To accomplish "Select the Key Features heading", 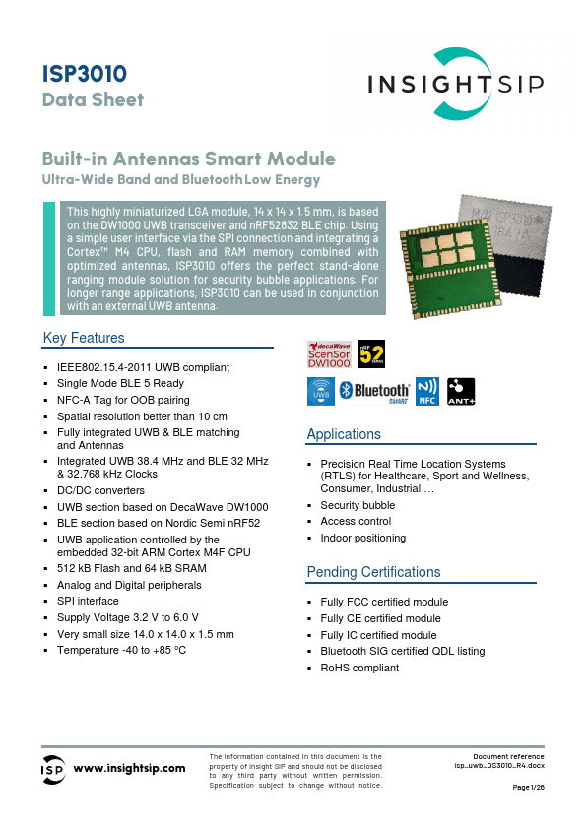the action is point(84,338).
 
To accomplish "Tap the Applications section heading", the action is point(344,434).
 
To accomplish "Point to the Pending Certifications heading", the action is point(374,572).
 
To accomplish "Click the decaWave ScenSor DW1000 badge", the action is point(329,354).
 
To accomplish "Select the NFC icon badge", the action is point(427,391).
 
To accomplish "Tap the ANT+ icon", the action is point(461,391).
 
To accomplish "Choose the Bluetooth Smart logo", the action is point(375,391).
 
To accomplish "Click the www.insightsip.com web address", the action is point(130,768).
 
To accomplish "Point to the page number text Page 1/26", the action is point(528,787).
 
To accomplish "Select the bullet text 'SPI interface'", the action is point(88,601).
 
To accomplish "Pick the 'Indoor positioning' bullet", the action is point(362,538).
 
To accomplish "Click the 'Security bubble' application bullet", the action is point(358,505).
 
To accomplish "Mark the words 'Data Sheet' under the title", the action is point(93,99).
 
